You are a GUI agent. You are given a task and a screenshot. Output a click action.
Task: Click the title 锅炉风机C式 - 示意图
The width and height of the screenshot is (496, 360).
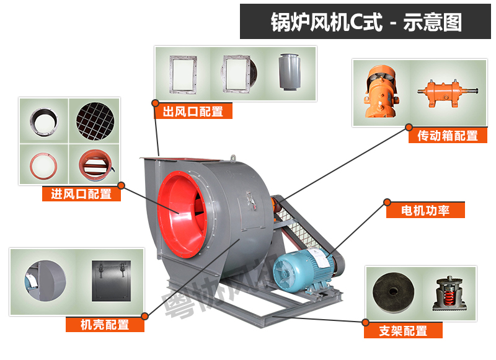tap(366, 22)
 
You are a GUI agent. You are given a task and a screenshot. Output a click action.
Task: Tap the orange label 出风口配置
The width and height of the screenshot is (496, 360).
tap(193, 112)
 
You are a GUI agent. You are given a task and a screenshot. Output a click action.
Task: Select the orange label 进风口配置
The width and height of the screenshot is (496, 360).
tap(81, 194)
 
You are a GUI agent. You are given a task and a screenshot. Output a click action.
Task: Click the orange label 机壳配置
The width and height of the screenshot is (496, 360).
tap(105, 324)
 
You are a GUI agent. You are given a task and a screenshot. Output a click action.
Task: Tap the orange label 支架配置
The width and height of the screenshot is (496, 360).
tap(403, 331)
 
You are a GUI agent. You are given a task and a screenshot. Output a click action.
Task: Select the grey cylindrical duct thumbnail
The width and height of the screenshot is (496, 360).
tap(290, 72)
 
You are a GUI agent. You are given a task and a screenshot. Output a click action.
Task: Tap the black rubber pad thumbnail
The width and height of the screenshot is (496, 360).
tap(392, 292)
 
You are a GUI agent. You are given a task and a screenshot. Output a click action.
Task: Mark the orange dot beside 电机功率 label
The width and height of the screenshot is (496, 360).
tap(387, 201)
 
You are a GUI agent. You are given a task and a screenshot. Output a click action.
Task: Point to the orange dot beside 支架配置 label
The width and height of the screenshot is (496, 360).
tap(365, 322)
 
